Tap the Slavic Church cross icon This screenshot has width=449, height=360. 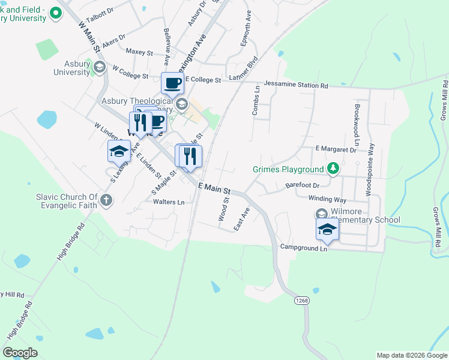point(106,200)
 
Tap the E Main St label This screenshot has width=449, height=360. point(215,188)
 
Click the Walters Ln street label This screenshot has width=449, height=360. point(169,202)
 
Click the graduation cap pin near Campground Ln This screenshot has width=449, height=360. point(327,229)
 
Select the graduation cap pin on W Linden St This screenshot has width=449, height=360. point(119,152)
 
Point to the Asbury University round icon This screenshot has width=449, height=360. point(100,67)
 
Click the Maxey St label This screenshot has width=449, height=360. point(140,52)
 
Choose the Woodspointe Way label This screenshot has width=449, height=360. point(371,170)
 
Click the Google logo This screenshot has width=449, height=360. point(20,353)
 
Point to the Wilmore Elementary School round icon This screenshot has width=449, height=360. point(321,214)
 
